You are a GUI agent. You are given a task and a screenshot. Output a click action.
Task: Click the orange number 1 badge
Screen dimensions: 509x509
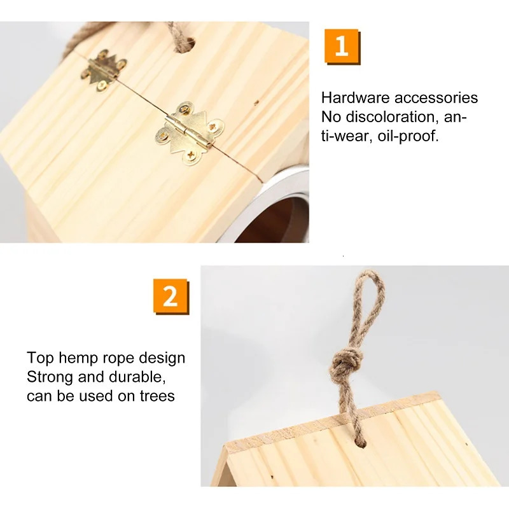tap(342, 46)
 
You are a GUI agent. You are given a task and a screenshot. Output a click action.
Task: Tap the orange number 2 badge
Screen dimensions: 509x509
tap(171, 296)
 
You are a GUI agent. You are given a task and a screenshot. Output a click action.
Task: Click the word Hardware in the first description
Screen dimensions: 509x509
tap(356, 98)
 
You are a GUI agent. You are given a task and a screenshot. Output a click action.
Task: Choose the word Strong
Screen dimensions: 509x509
tap(49, 377)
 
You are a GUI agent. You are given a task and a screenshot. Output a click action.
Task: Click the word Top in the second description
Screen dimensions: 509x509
tap(39, 358)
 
